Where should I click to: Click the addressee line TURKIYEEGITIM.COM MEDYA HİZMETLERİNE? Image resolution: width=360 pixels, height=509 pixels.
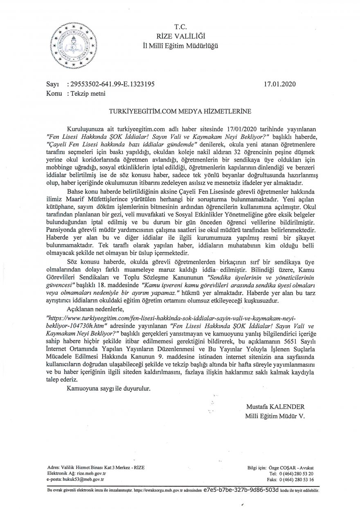[180, 110]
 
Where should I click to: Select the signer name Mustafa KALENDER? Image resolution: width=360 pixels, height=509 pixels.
[275, 408]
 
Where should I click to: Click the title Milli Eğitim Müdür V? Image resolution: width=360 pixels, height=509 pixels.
[275, 416]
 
